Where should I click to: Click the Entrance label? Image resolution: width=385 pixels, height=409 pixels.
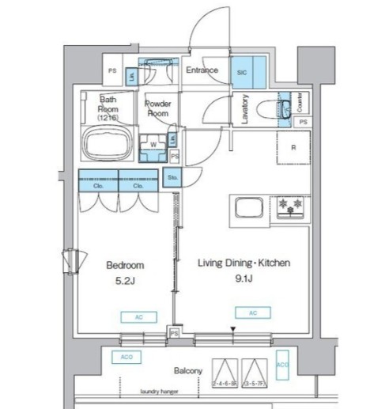tap(202, 70)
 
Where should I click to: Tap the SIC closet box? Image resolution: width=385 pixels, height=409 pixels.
tap(241, 70)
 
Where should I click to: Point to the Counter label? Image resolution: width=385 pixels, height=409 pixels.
tap(300, 102)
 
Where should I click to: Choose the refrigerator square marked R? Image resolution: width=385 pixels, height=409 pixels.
tap(293, 146)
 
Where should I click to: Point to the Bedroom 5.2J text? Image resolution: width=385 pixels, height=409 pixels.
tap(125, 273)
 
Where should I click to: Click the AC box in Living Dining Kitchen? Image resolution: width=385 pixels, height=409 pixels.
tap(252, 313)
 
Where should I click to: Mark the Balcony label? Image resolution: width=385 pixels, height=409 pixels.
tap(187, 370)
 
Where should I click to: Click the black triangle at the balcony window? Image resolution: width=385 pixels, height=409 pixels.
tap(233, 328)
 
